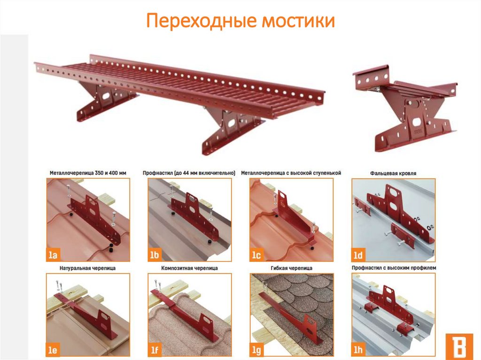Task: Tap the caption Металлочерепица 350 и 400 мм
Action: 88,173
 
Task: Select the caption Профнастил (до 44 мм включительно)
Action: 189,173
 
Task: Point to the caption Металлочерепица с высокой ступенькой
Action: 291,173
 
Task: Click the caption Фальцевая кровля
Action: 393,173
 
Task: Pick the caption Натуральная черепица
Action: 88,268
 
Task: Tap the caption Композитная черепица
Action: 190,268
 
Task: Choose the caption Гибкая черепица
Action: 291,268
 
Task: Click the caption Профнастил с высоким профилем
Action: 394,268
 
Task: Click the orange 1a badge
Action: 53,254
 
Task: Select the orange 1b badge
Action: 155,254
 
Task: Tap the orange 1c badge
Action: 256,254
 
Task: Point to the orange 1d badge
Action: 358,254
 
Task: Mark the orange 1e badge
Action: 53,350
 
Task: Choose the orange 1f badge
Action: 155,350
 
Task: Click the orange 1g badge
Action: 256,350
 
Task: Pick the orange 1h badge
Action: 358,350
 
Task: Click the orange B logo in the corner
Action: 459,345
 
